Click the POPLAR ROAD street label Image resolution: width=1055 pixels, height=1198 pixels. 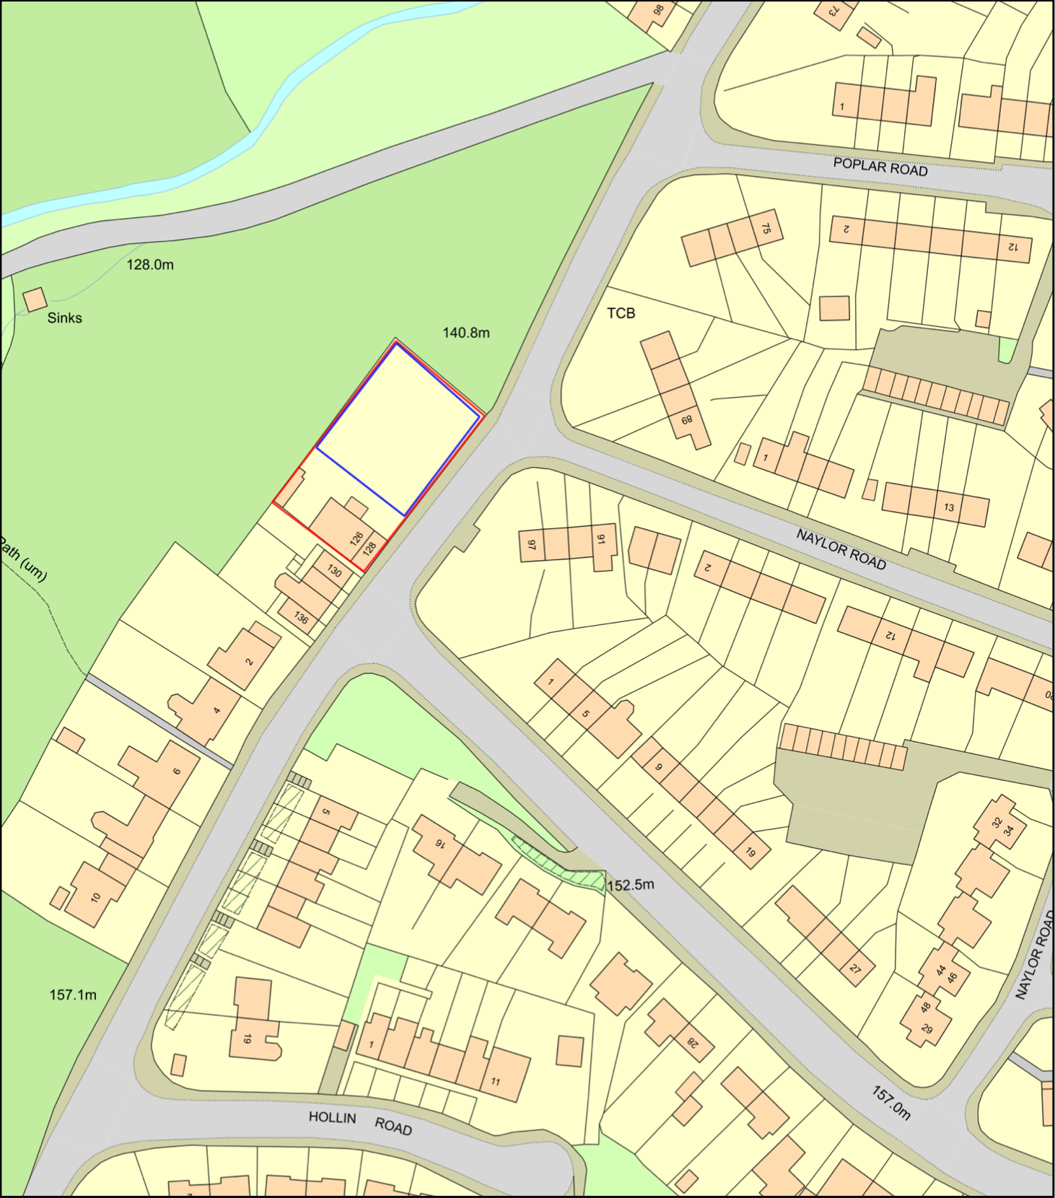point(880,167)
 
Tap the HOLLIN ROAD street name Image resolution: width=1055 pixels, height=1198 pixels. point(360,1122)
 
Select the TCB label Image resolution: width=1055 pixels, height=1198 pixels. point(621,313)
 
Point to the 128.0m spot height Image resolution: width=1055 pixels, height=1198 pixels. point(150,265)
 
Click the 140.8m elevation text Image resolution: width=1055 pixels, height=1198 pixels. point(466,333)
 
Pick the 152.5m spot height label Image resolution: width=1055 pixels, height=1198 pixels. point(631,885)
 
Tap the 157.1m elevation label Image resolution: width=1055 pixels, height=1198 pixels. point(73,995)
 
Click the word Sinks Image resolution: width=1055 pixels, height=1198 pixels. point(65,318)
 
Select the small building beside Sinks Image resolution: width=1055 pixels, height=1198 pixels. point(35,299)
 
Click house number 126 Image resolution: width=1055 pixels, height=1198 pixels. point(356,538)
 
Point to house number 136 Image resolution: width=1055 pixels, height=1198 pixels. point(301,618)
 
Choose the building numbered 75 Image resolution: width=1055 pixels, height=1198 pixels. point(766,229)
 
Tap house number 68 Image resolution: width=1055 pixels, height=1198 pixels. point(686,420)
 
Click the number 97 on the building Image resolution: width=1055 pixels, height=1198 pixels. point(532,545)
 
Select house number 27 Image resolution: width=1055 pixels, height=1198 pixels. point(855,969)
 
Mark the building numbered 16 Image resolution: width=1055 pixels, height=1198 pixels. point(439,843)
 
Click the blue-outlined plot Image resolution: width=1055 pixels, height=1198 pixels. point(398,426)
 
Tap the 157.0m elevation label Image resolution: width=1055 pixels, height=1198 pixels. point(890,1103)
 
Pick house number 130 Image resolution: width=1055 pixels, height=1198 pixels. point(334,571)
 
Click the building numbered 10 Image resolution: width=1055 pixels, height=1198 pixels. point(96,897)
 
